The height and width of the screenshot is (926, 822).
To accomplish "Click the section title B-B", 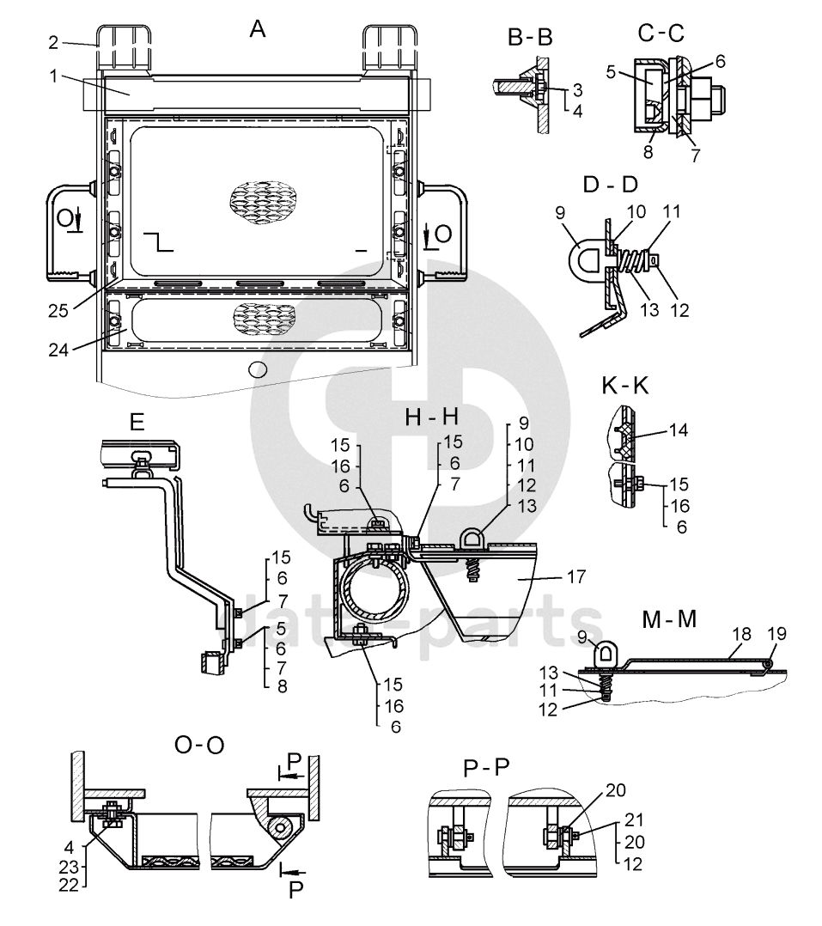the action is pyautogui.click(x=530, y=38).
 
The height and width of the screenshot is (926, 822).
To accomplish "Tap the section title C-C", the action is pyautogui.click(x=661, y=33).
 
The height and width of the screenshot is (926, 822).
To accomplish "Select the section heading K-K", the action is pyautogui.click(x=624, y=386).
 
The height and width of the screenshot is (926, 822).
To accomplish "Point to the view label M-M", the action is pyautogui.click(x=669, y=618).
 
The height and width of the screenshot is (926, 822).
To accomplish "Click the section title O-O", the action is pyautogui.click(x=199, y=746).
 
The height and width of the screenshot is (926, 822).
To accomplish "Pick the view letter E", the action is pyautogui.click(x=137, y=423).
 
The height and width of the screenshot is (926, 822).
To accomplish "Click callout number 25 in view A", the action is pyautogui.click(x=58, y=311).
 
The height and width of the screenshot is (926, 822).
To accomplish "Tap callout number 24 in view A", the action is pyautogui.click(x=58, y=350).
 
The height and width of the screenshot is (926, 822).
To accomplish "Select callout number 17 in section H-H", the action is pyautogui.click(x=575, y=576).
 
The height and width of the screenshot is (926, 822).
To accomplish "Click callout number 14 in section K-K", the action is pyautogui.click(x=679, y=429).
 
